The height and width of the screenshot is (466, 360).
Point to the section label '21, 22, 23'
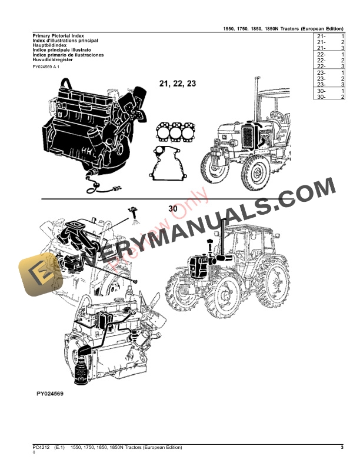177,84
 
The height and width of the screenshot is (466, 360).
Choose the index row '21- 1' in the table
330,36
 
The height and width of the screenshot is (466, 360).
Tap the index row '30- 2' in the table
330,96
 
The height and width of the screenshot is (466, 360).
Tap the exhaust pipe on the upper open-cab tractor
257,97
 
